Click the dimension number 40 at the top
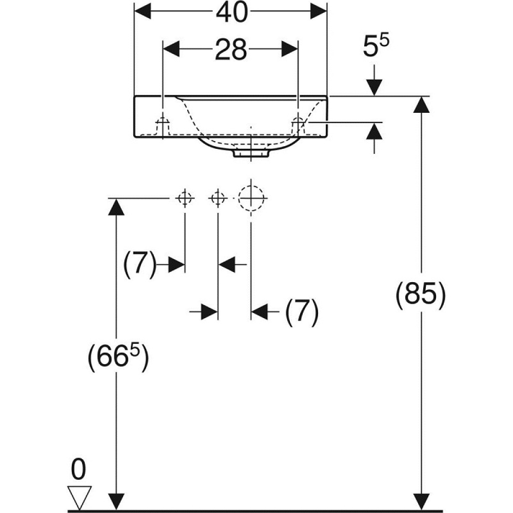pos(231,13)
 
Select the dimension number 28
pos(231,50)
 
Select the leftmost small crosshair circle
pos(185,198)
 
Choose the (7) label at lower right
pos(302,311)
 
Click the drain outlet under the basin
pos(251,152)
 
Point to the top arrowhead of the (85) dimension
pos(421,105)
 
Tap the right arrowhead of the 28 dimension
pos(289,50)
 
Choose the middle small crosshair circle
pos(218,198)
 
